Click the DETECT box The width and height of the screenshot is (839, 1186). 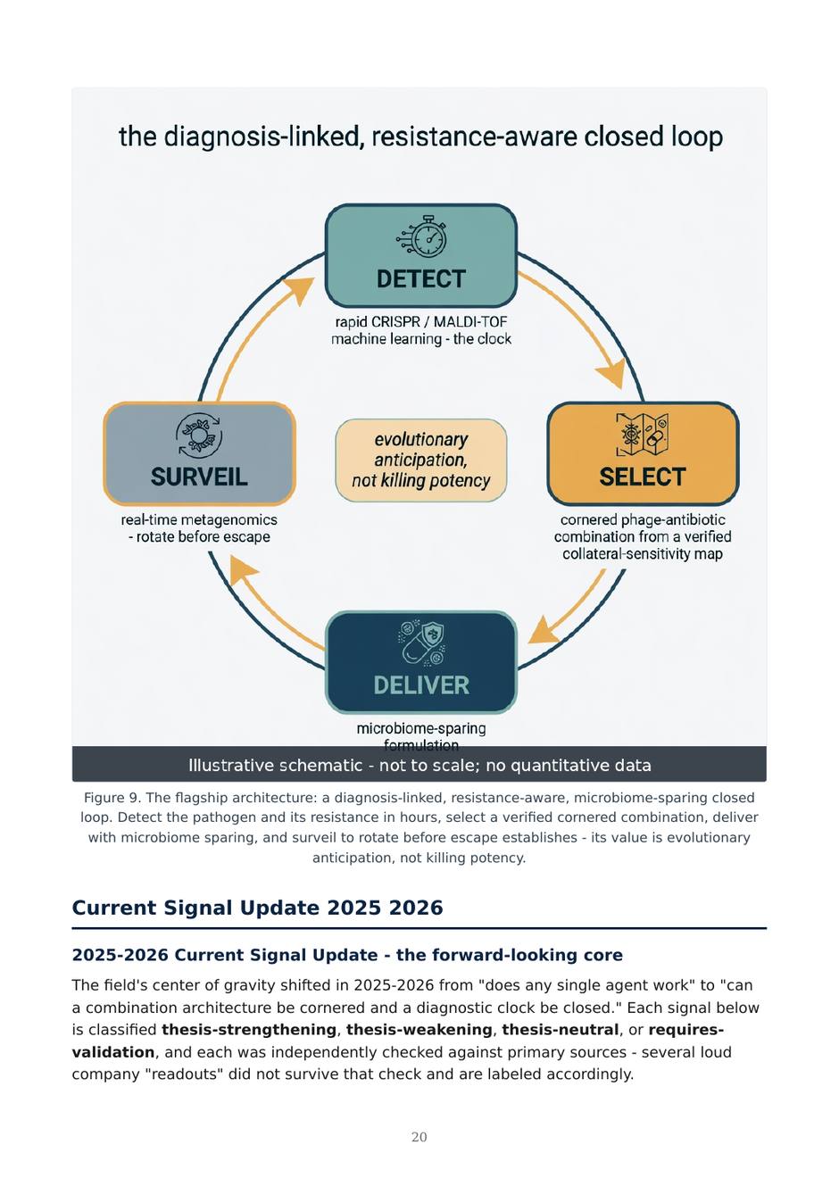tap(421, 255)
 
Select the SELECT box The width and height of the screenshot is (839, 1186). tap(643, 453)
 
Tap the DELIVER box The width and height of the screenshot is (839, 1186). tap(421, 662)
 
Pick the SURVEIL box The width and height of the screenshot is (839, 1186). tap(199, 453)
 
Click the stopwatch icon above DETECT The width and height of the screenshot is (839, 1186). tap(422, 236)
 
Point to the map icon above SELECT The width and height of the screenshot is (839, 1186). tap(642, 435)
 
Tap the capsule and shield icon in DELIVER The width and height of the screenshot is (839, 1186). tap(421, 643)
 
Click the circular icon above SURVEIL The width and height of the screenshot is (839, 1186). tap(199, 435)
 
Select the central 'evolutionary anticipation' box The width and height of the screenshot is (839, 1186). tap(421, 460)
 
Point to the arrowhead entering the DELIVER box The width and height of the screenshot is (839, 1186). tap(543, 632)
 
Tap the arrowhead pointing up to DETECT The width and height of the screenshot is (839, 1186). tap(298, 290)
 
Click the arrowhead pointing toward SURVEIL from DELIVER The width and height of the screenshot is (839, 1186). tap(242, 571)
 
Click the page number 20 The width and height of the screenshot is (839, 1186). tap(419, 1137)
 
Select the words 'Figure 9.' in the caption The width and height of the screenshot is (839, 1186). tap(112, 798)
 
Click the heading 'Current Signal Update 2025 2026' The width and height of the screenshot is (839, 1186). tap(257, 908)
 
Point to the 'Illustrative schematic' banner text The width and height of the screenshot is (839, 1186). tap(419, 765)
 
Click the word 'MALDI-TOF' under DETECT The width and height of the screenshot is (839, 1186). tap(470, 321)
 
